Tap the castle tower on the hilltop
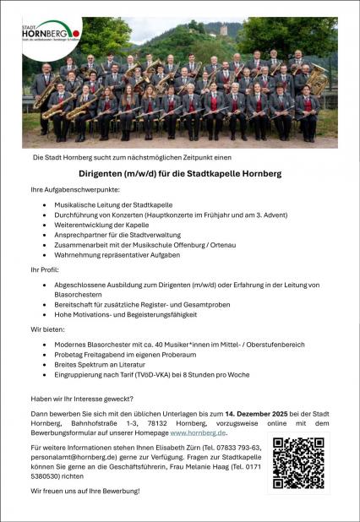(224, 30)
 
